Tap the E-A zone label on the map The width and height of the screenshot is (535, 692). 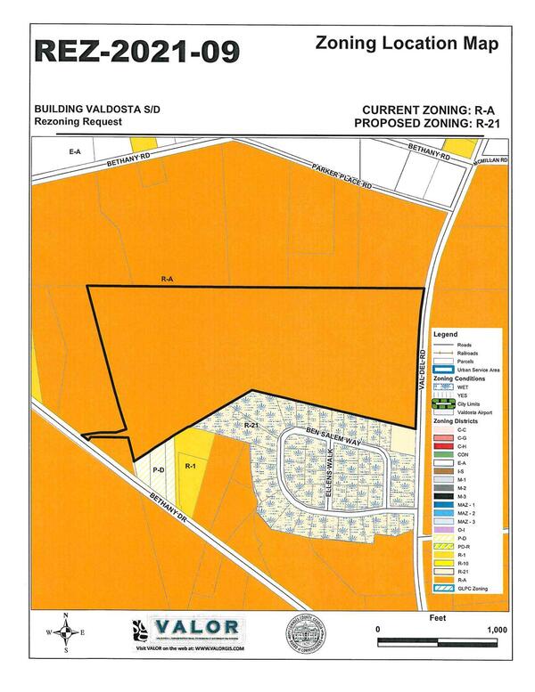tap(75, 152)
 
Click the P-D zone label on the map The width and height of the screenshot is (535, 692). tap(159, 468)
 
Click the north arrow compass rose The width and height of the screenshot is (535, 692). tap(64, 633)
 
